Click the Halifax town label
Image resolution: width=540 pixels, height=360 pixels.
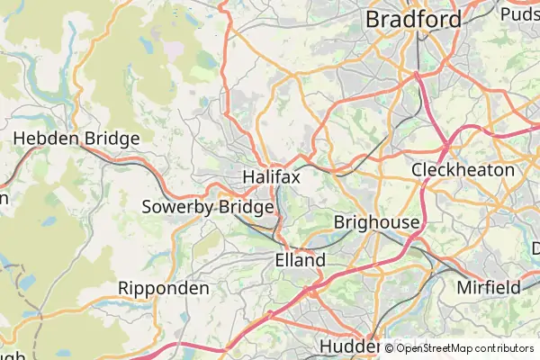click(x=271, y=178)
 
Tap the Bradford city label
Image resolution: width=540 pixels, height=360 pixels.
click(x=413, y=19)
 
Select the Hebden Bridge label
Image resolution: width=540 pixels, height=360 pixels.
click(x=76, y=139)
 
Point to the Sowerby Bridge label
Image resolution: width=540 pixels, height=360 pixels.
click(x=208, y=208)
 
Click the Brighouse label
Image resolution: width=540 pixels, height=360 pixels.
click(x=376, y=222)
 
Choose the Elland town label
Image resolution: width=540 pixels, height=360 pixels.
click(x=300, y=260)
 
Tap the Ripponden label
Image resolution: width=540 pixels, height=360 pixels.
click(x=164, y=289)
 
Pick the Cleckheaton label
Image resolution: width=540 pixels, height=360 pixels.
click(x=463, y=169)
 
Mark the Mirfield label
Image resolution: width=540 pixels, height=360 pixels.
click(x=489, y=288)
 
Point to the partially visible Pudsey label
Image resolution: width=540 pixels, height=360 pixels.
click(x=519, y=13)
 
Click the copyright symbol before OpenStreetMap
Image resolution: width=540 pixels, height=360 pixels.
click(x=390, y=348)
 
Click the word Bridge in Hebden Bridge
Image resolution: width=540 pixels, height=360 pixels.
click(x=108, y=139)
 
